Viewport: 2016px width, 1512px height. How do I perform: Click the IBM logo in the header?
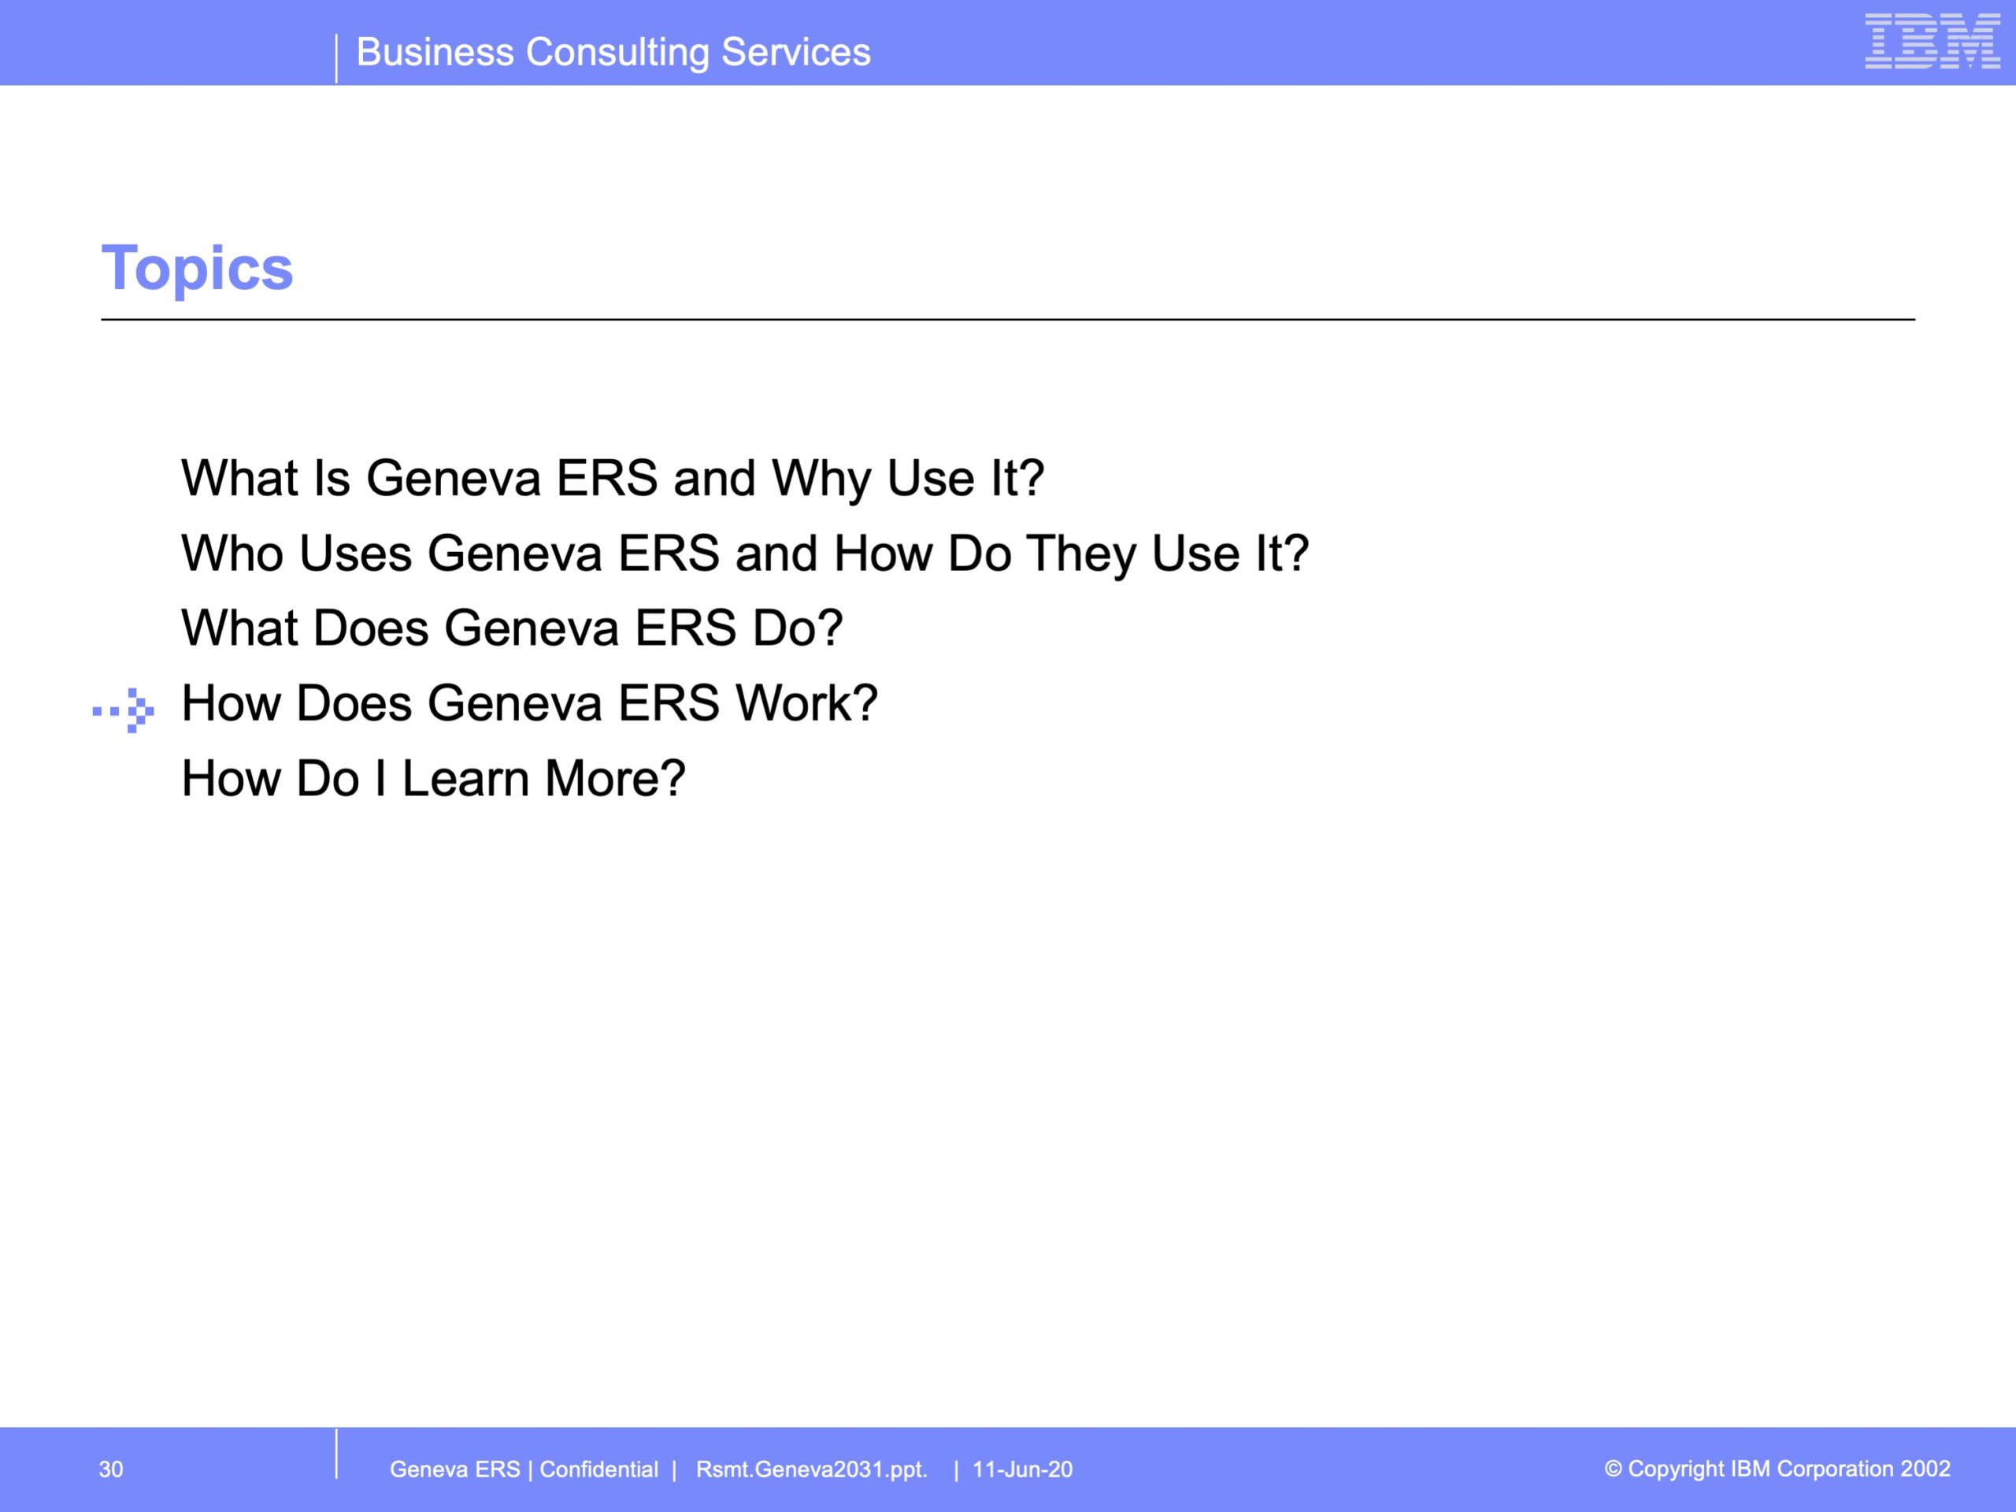click(x=1933, y=41)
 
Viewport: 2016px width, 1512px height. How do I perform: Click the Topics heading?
click(x=197, y=268)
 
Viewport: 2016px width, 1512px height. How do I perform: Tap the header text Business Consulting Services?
click(x=613, y=52)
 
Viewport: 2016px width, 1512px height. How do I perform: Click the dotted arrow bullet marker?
click(x=123, y=710)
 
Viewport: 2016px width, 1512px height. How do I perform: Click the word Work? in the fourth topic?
click(x=806, y=703)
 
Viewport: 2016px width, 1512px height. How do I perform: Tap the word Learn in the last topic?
click(x=465, y=778)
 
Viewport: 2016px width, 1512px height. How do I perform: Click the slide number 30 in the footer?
click(x=111, y=1469)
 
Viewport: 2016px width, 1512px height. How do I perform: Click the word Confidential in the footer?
click(x=598, y=1469)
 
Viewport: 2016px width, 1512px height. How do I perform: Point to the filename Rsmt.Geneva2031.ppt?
click(x=811, y=1470)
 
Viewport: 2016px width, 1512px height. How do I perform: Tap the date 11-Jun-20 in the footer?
click(x=1023, y=1469)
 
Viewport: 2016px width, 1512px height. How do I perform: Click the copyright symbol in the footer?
click(x=1613, y=1468)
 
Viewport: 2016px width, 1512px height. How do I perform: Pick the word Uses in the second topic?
click(x=355, y=553)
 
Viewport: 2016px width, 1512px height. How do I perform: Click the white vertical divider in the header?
click(x=336, y=58)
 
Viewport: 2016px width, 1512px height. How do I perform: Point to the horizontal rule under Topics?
click(x=1008, y=320)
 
